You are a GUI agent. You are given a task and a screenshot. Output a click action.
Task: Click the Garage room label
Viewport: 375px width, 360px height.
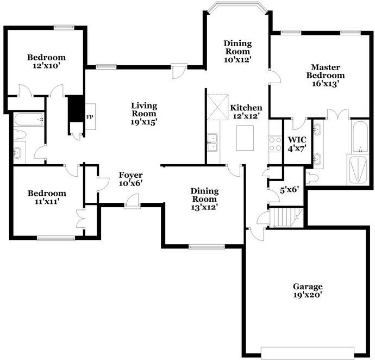(x=308, y=287)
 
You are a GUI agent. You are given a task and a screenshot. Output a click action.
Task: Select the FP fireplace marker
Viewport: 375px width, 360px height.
(x=90, y=116)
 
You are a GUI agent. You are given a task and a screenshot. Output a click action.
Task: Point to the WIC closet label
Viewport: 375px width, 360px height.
(x=297, y=139)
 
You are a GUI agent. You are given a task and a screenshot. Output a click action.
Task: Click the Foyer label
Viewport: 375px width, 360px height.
(x=130, y=175)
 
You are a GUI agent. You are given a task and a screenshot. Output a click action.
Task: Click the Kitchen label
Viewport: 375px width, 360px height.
(x=246, y=108)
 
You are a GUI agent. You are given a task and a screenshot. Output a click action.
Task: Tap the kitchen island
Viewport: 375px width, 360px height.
(x=246, y=138)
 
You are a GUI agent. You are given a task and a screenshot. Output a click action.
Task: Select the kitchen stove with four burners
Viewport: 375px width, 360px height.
(x=274, y=142)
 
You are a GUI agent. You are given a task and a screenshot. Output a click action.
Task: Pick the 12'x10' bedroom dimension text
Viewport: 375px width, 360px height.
(x=47, y=66)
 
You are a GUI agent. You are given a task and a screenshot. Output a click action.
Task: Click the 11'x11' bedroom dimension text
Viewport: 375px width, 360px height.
(x=47, y=202)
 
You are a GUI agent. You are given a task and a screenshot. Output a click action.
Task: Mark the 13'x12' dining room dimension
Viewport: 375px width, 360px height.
(x=204, y=207)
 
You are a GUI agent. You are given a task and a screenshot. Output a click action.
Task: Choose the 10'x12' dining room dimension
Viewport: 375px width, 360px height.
(x=238, y=60)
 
